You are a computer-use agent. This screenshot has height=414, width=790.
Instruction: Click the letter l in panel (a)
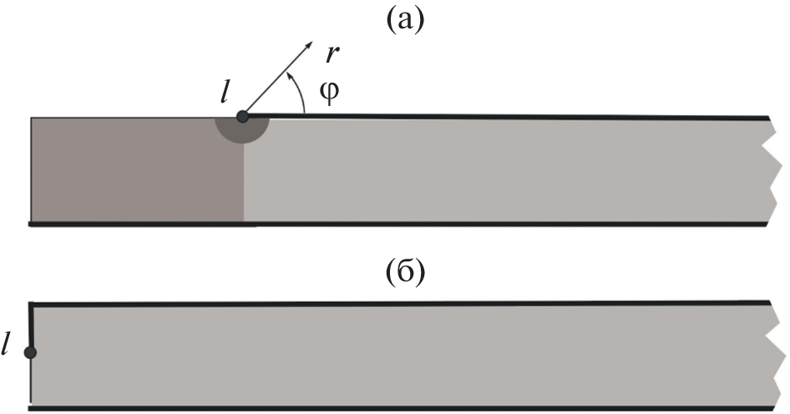click(225, 93)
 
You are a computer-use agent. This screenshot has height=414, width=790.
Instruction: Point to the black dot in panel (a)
click(242, 117)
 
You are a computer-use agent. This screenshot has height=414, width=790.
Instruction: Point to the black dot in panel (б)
click(30, 352)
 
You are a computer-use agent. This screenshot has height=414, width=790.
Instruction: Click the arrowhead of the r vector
click(311, 42)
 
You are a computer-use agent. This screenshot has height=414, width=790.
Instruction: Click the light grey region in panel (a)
click(501, 170)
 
